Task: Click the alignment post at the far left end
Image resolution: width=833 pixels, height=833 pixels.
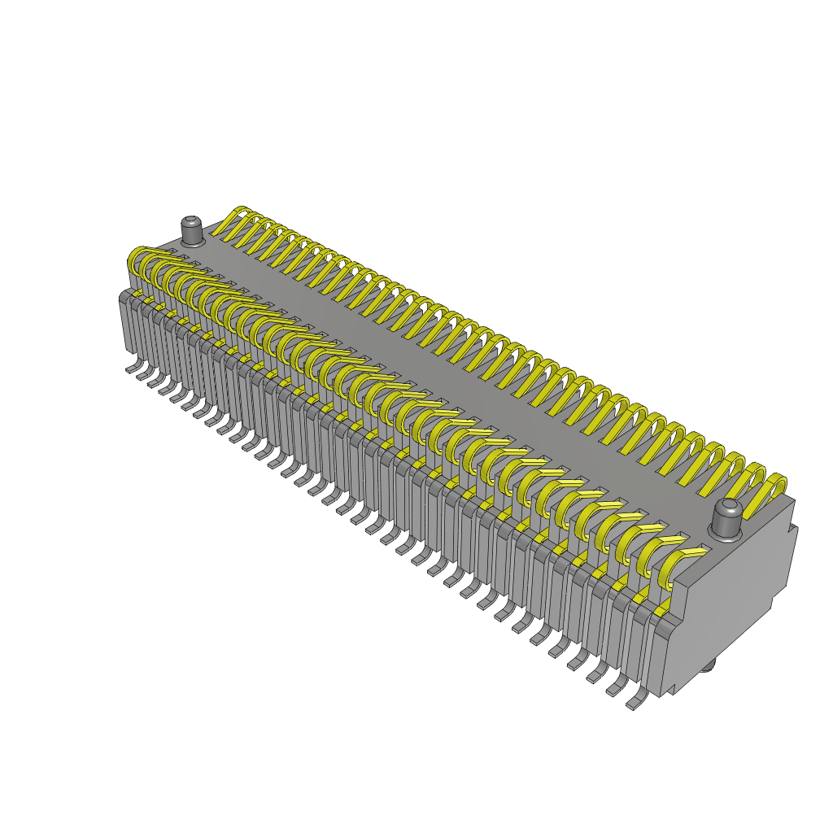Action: [x=192, y=231]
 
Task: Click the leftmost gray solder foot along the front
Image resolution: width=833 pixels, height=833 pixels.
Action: [x=133, y=369]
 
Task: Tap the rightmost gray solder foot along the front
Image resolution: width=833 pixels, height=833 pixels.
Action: [x=635, y=702]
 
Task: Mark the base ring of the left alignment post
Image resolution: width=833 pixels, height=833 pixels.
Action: [x=193, y=242]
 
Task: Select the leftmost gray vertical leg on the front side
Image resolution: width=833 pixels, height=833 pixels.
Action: [x=126, y=325]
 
